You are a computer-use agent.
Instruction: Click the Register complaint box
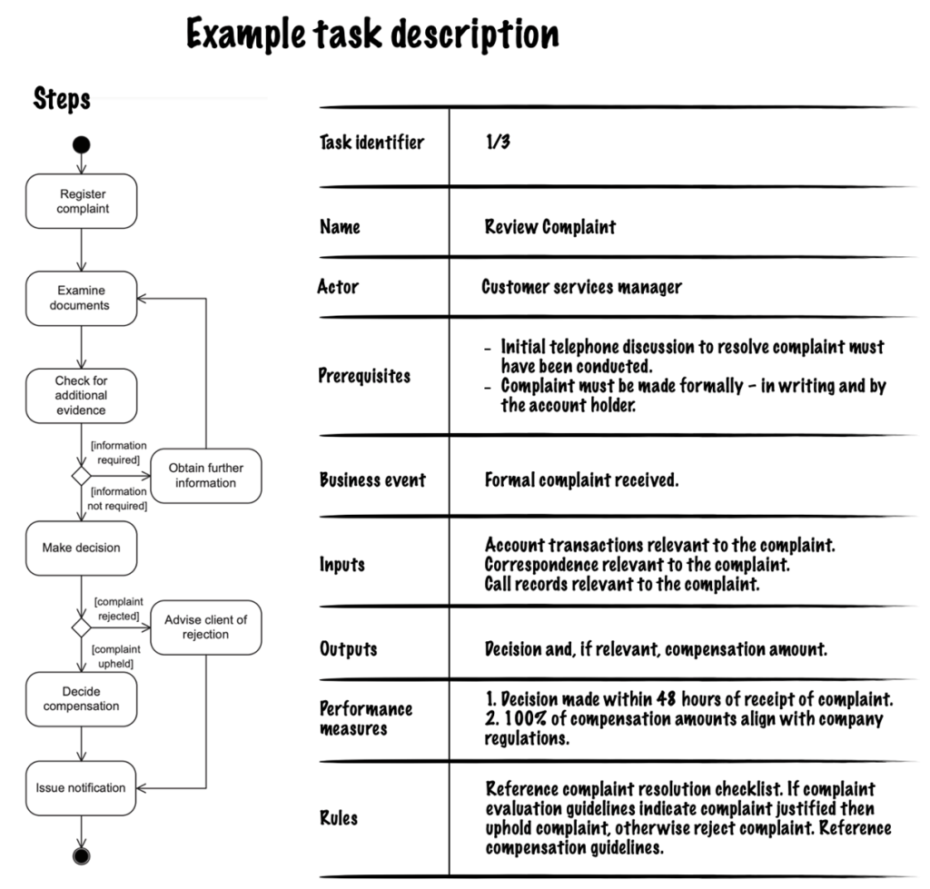pyautogui.click(x=82, y=201)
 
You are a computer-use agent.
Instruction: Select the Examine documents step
pyautogui.click(x=82, y=298)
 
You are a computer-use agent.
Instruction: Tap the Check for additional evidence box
pyautogui.click(x=82, y=395)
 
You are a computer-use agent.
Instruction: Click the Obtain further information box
pyautogui.click(x=205, y=475)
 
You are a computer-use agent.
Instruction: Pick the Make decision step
pyautogui.click(x=82, y=548)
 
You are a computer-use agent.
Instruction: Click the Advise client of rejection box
pyautogui.click(x=205, y=627)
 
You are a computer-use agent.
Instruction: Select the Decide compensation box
pyautogui.click(x=82, y=698)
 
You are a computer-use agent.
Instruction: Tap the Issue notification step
pyautogui.click(x=82, y=787)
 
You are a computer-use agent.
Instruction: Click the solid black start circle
pyautogui.click(x=82, y=143)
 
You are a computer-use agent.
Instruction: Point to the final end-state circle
pyautogui.click(x=82, y=856)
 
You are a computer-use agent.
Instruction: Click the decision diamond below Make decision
pyautogui.click(x=82, y=627)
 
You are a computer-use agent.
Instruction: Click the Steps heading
pyautogui.click(x=62, y=98)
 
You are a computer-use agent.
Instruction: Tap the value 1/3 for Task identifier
pyautogui.click(x=498, y=143)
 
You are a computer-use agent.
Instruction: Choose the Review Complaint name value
pyautogui.click(x=549, y=227)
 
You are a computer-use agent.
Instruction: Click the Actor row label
pyautogui.click(x=339, y=287)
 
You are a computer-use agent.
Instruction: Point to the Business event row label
pyautogui.click(x=372, y=479)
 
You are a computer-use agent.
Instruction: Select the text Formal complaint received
pyautogui.click(x=581, y=479)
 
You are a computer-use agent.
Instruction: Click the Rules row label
pyautogui.click(x=339, y=818)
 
